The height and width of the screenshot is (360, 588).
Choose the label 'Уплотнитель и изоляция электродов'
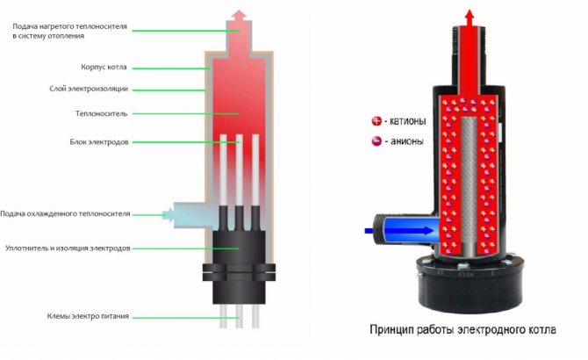point(68,248)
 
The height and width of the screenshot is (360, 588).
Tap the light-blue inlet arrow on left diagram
point(166,212)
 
